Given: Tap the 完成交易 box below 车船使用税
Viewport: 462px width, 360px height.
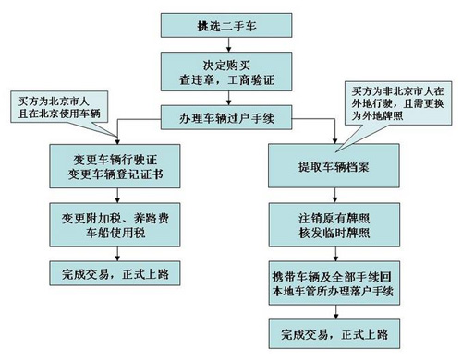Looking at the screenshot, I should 109,275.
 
